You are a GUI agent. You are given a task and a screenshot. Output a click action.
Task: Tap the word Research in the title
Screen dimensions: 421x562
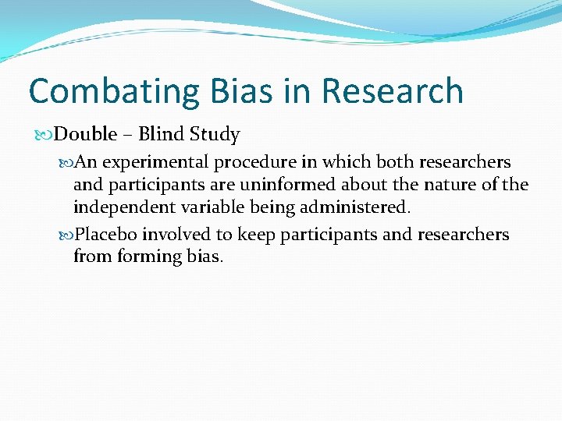(393, 91)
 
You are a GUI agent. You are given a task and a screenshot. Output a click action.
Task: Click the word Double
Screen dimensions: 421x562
(86, 134)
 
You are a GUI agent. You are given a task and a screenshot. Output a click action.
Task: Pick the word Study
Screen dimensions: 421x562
(215, 135)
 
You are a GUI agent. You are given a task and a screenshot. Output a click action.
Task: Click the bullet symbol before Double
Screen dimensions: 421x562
(46, 135)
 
